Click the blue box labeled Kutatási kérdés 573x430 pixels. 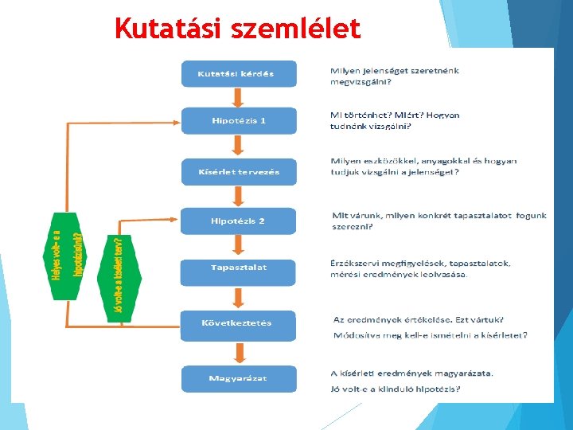click(239, 74)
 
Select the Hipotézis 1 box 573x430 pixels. click(239, 121)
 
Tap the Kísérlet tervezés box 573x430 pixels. click(239, 172)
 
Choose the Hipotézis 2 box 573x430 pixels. click(239, 221)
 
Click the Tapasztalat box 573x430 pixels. click(239, 268)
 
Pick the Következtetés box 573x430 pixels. click(239, 323)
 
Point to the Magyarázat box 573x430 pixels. click(239, 377)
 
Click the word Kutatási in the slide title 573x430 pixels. click(166, 29)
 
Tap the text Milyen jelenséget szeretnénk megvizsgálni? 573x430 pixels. click(395, 76)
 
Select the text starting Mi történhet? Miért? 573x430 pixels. click(395, 120)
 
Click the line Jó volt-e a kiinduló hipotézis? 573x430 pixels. click(395, 389)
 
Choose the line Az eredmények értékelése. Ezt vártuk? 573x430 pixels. click(411, 319)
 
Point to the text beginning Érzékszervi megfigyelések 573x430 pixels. click(421, 268)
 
